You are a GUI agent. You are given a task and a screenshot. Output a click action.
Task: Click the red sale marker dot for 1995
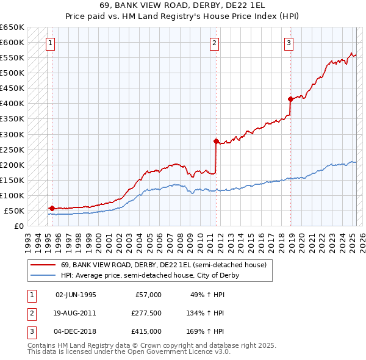[52, 208]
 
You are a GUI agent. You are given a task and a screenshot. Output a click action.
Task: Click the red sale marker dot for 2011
[215, 141]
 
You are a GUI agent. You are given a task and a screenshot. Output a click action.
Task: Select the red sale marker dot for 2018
[290, 99]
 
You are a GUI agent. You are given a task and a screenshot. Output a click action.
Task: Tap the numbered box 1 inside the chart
[49, 43]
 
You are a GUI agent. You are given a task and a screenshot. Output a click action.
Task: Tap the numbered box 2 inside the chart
[215, 43]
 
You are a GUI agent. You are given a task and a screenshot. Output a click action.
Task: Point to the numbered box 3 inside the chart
[289, 43]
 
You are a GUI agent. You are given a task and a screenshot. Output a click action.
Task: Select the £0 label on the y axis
[18, 226]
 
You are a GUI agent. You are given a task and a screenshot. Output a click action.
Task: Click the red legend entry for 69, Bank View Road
[163, 265]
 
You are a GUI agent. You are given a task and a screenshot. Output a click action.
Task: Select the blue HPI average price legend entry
[149, 275]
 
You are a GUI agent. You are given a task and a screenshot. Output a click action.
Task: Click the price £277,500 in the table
[146, 313]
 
